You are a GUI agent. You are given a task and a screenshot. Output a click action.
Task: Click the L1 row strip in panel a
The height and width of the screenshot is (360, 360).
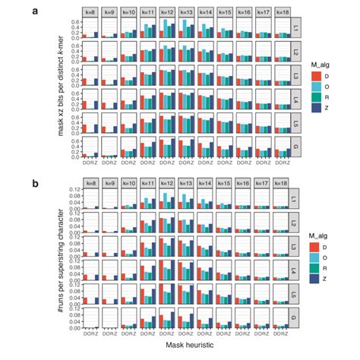pos(298,29)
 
